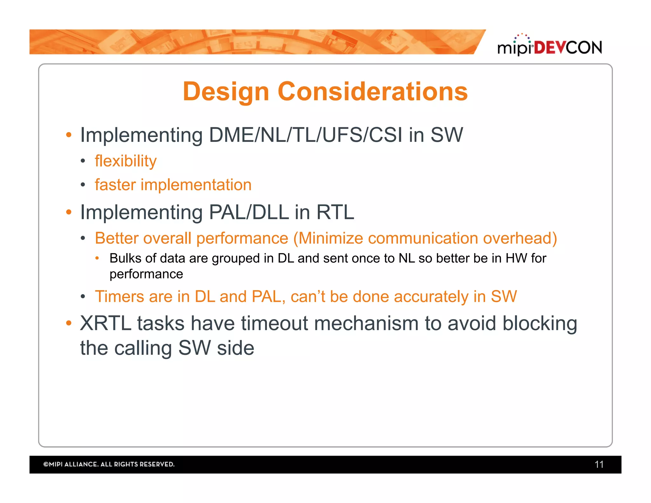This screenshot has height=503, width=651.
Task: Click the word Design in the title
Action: (226, 92)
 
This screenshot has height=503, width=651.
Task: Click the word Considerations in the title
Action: (373, 92)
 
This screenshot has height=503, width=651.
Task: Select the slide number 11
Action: (599, 465)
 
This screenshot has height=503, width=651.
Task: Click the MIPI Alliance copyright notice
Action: (109, 464)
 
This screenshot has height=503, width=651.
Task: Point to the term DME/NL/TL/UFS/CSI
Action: (305, 135)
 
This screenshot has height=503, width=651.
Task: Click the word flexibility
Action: (126, 161)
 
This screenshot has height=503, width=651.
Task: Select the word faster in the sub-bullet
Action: (115, 185)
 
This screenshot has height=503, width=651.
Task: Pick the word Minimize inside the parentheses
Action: (331, 238)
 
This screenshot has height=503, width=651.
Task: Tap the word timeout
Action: (275, 323)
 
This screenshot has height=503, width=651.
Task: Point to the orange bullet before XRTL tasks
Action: (69, 323)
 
